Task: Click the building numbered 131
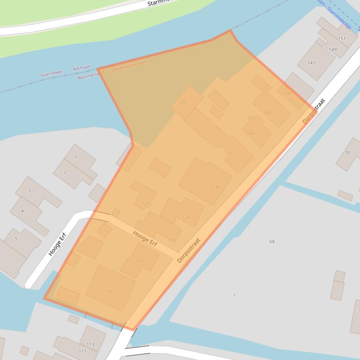coord(216,187)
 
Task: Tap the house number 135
coord(182,103)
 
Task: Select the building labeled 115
coord(109,292)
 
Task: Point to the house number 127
coord(146,204)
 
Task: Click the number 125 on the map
coord(186,217)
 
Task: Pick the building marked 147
coord(311,63)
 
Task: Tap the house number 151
coord(342,38)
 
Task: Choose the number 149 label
coord(332,50)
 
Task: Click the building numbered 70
coord(347,153)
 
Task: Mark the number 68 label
coord(272,242)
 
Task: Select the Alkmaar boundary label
coord(81,69)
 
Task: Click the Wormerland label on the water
coord(90,75)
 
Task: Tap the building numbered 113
coord(90,344)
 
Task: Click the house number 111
coord(82,351)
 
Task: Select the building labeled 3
coord(29,191)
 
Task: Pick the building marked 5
coord(16,239)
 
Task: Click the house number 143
coord(267,113)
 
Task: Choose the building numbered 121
coord(140,261)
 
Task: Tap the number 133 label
coord(229,152)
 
